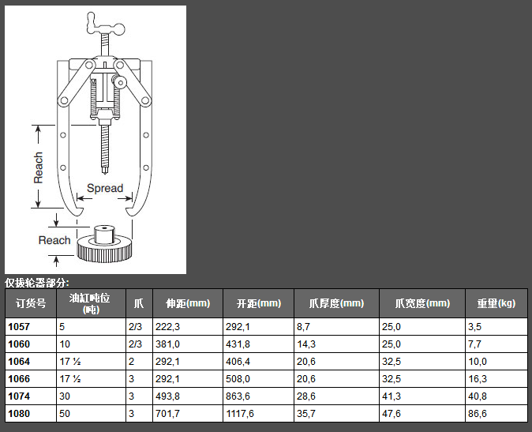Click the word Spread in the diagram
[x=105, y=188]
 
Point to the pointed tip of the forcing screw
[x=105, y=172]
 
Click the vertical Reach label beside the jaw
[x=38, y=167]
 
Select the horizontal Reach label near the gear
[x=54, y=240]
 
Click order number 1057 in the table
[x=19, y=327]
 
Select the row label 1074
[x=19, y=396]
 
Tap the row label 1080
[x=19, y=414]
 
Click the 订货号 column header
[x=31, y=303]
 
